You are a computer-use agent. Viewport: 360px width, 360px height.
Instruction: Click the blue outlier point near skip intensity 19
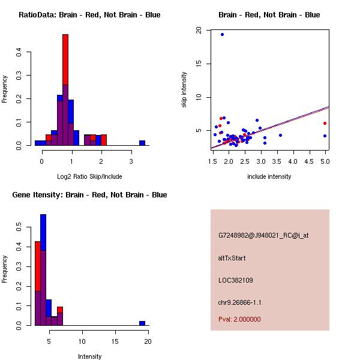click(x=222, y=35)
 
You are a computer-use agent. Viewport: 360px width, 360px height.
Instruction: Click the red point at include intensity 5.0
click(x=325, y=123)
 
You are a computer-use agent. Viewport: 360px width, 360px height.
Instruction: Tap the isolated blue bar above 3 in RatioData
click(x=142, y=143)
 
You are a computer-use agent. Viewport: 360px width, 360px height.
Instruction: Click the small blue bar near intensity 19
click(x=142, y=323)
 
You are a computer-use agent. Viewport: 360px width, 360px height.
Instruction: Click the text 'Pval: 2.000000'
click(x=239, y=319)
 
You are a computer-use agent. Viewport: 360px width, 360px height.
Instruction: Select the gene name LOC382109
click(x=236, y=280)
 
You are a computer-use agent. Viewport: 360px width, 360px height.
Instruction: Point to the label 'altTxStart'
click(x=232, y=258)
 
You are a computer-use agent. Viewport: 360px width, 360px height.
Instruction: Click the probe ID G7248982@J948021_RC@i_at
click(x=263, y=236)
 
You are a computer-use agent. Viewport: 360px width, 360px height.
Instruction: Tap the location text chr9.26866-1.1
click(x=240, y=302)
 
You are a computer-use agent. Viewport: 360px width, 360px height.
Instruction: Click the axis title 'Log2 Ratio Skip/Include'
click(x=89, y=176)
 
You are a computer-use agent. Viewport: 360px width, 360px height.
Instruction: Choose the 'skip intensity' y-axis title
click(x=185, y=90)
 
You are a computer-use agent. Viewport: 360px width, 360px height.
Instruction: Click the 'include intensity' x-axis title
click(x=269, y=176)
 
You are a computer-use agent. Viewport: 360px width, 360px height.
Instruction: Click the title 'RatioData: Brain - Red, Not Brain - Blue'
click(x=89, y=14)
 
